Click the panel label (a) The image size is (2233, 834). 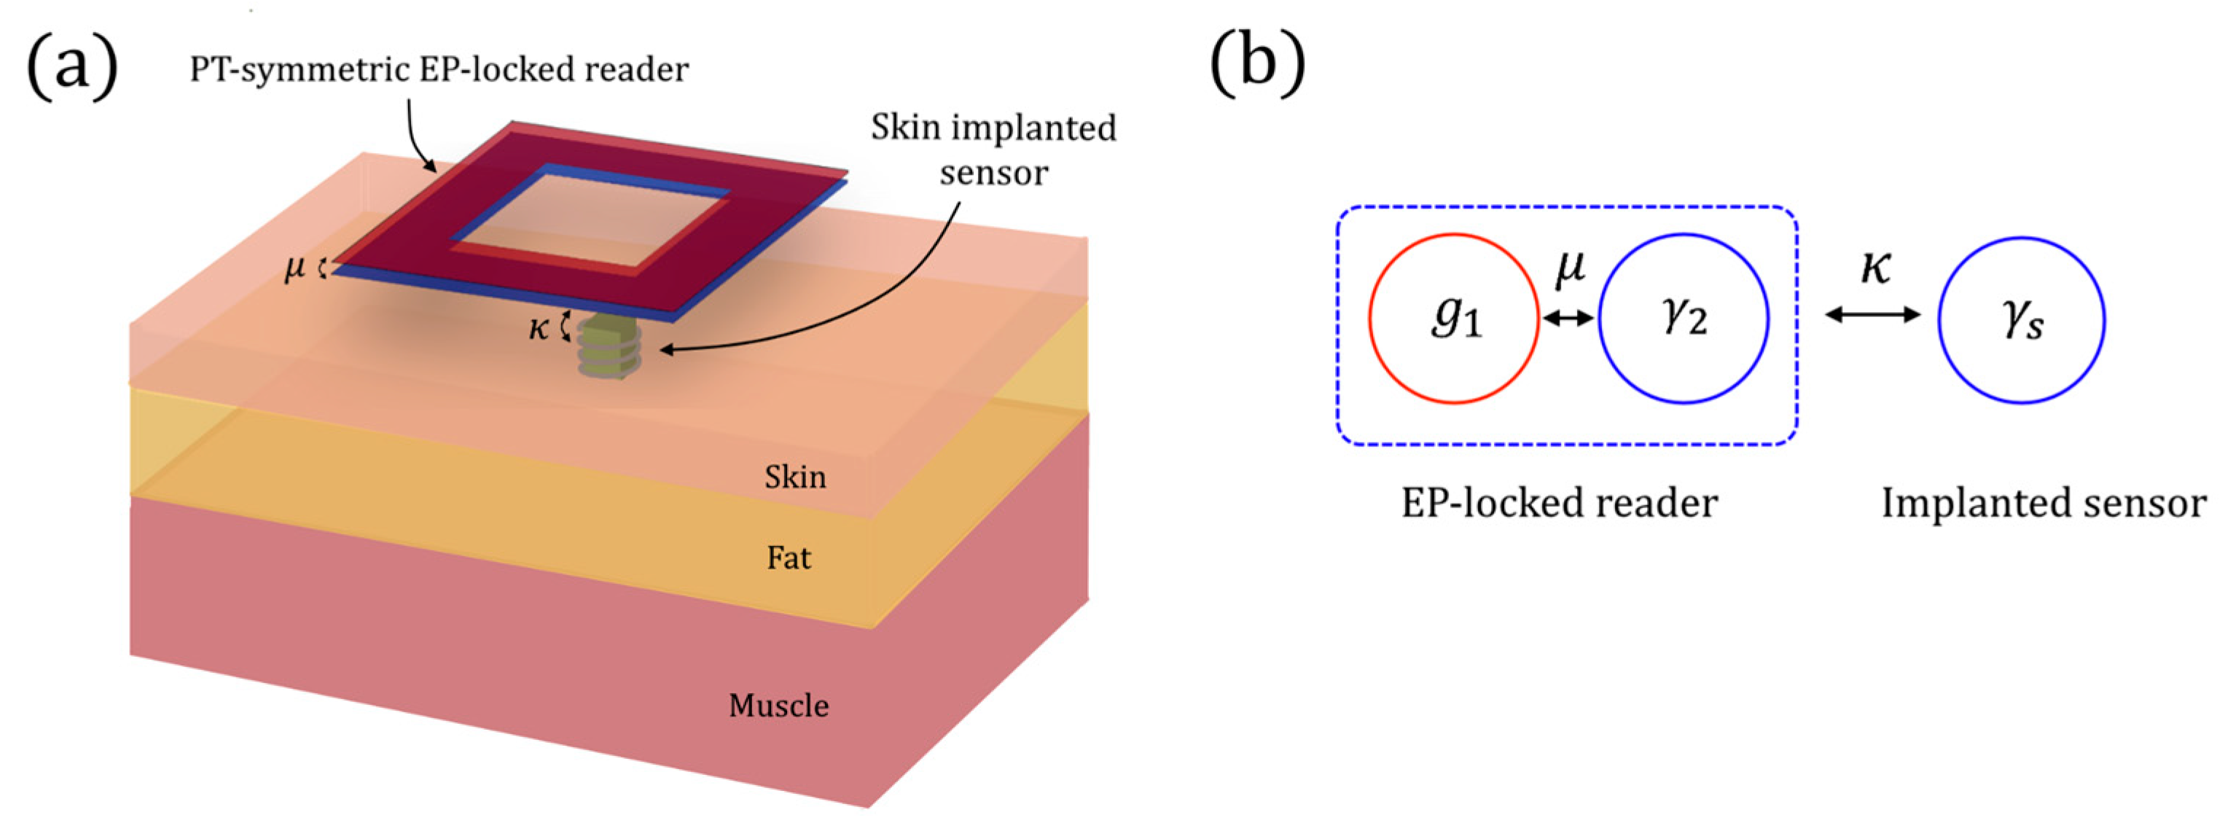coord(73,67)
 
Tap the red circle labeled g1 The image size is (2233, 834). coord(1454,318)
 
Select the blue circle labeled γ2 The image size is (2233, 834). coord(1683,318)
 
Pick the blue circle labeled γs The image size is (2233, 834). coord(2022,318)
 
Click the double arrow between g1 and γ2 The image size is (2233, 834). coord(1569,318)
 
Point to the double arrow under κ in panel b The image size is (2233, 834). coord(1872,313)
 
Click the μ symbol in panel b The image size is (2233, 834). coord(1570,267)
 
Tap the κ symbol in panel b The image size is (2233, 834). coord(1875,267)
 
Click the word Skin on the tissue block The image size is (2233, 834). coord(795,477)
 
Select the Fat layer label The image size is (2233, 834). coord(788,558)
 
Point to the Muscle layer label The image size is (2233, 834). coord(778,706)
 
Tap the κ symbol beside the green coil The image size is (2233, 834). coord(539,328)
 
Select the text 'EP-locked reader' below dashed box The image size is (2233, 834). coord(1559,503)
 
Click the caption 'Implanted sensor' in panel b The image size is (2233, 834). coord(2044,503)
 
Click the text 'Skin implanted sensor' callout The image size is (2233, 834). coord(993,149)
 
